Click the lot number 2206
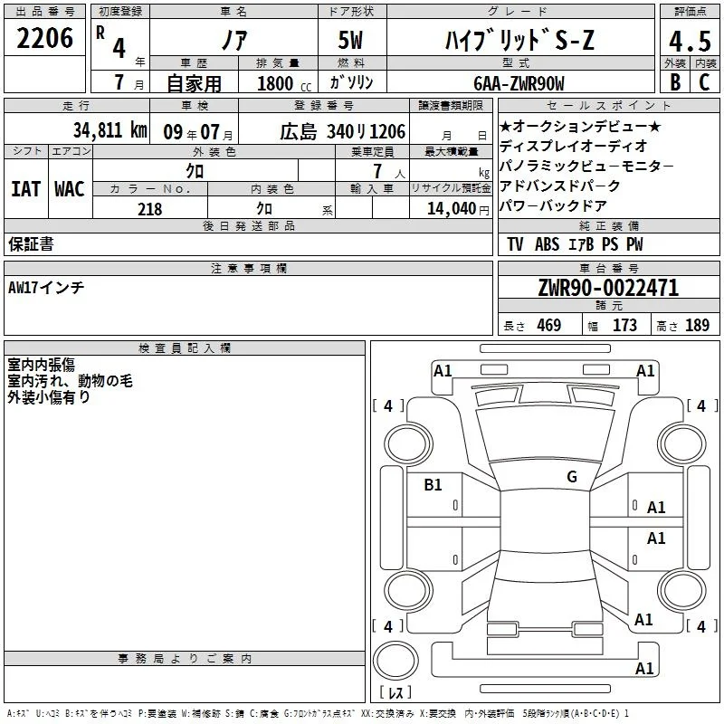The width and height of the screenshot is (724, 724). point(44,38)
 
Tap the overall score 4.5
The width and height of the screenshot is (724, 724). point(690,41)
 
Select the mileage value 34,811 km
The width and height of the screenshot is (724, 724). point(110,130)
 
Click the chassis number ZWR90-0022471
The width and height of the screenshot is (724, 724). point(608,288)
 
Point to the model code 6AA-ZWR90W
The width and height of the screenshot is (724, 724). point(519,83)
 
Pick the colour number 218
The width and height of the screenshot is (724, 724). point(149,209)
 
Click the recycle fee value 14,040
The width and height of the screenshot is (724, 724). point(452,209)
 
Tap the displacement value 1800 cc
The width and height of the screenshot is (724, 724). point(284,83)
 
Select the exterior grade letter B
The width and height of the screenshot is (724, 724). point(675,82)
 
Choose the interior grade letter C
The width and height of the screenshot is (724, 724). point(704,82)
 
